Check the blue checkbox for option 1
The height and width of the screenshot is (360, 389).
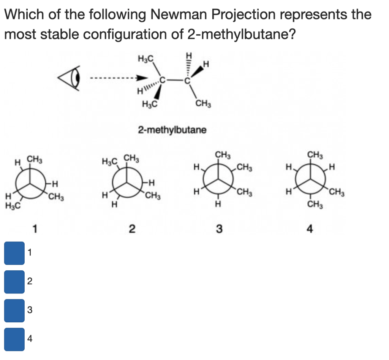pos(14,253)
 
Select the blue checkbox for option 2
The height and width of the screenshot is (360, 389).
pos(14,282)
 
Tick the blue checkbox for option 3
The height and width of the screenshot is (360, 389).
pos(14,310)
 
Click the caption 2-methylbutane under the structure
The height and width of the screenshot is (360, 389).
pos(172,130)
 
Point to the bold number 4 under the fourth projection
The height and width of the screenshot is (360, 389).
pos(310,229)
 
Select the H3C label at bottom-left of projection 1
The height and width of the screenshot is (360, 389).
pos(13,206)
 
